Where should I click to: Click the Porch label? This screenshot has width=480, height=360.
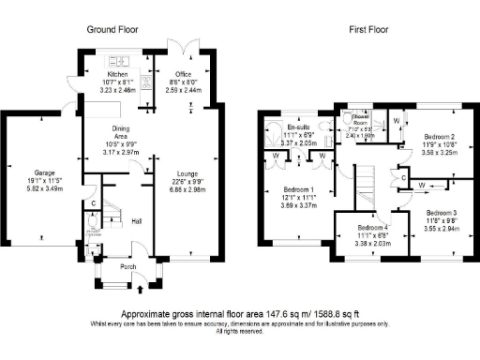pos(127,265)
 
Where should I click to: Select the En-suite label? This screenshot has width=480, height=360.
pos(300,125)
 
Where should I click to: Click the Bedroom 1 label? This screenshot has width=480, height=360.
pos(299,188)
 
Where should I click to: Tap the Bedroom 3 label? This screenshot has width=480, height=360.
pos(442,213)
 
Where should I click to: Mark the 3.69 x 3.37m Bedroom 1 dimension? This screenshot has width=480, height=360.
pos(299,204)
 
